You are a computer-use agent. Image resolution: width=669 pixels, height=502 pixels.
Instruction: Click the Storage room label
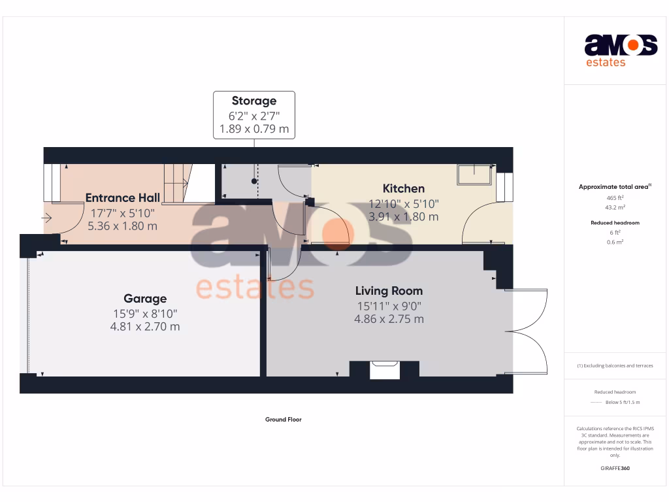point(254,101)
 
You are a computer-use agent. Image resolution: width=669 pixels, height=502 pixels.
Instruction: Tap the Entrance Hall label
point(123,198)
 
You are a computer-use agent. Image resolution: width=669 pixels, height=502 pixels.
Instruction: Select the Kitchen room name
point(403,189)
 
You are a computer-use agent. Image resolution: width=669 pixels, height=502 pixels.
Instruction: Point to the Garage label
point(145,299)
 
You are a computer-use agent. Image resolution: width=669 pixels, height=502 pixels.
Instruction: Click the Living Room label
point(389,291)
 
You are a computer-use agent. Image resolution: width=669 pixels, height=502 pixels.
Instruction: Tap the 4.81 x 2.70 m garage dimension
point(145,326)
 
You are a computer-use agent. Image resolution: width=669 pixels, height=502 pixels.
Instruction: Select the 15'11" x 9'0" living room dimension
point(389,305)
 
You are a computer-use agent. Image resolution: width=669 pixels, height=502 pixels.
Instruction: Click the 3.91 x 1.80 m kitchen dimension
point(403,216)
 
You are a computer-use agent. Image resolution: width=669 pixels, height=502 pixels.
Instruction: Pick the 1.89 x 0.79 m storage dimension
point(254,129)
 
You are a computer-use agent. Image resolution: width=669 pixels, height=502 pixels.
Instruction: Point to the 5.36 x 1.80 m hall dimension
point(123,226)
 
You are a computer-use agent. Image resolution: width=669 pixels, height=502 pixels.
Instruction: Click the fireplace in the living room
point(383,370)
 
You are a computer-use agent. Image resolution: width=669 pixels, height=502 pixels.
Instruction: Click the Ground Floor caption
point(283,420)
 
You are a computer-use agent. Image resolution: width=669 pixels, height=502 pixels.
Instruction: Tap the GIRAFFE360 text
point(614,468)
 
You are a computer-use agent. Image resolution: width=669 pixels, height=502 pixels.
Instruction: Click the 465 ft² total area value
point(614,197)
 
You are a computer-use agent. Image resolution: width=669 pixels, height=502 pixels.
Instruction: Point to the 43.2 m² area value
point(614,207)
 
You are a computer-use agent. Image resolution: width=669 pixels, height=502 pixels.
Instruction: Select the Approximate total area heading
point(613,187)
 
